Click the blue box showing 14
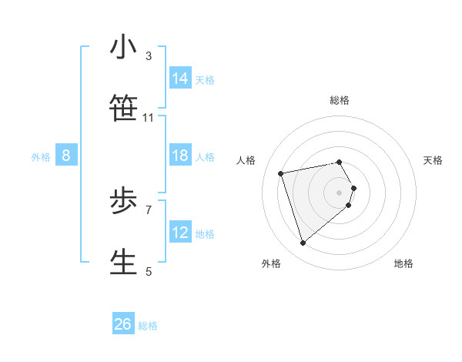point(180,79)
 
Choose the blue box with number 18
point(180,156)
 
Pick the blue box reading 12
point(180,233)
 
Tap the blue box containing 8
point(66,156)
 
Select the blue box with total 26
point(123,324)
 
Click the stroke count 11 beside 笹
point(149,118)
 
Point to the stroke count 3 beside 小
point(149,56)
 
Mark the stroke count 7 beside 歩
point(149,209)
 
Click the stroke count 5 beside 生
point(149,271)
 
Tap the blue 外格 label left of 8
point(41,157)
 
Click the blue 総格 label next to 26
point(148,326)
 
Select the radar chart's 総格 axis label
point(340,100)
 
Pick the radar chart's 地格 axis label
point(403,263)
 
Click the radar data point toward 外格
point(303,243)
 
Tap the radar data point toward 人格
point(281,173)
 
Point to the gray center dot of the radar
point(340,192)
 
